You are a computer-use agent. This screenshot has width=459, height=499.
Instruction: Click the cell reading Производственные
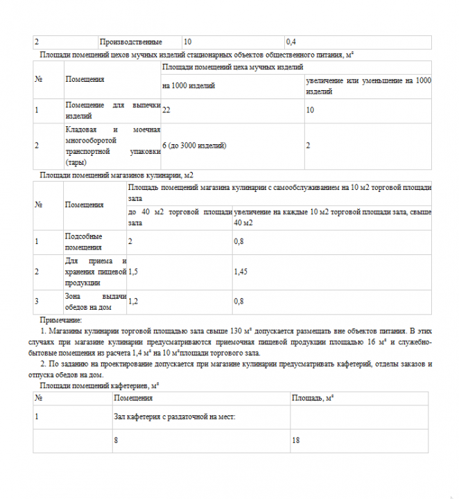coord(132,42)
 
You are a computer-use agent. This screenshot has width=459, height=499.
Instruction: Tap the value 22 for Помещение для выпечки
coord(166,110)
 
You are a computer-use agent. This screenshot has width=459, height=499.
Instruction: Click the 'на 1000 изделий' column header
coord(189,86)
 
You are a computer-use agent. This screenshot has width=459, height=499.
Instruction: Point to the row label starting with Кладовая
coord(113,146)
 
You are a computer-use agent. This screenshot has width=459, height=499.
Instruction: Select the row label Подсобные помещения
coord(83,242)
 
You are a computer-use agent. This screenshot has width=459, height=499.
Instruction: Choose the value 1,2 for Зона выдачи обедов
coord(133,301)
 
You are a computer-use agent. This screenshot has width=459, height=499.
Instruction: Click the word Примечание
coord(61,320)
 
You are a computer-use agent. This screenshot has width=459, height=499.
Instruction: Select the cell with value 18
coord(296,440)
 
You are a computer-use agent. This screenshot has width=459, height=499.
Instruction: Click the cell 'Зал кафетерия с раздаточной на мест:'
coord(175,417)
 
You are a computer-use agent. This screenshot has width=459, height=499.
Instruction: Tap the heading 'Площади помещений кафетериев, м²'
coord(101,385)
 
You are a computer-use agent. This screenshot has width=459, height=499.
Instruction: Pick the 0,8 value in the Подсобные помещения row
coord(239,241)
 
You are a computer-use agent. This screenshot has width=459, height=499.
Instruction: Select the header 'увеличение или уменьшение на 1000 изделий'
coord(368,86)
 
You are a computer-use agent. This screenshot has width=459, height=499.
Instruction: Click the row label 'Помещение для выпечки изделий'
coord(113,110)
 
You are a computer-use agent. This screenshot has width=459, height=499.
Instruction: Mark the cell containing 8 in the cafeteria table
coord(116,440)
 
